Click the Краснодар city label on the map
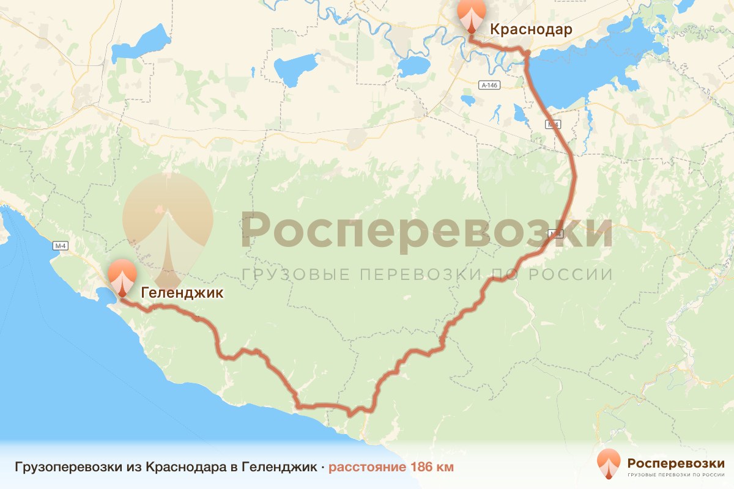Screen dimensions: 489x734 (530, 29)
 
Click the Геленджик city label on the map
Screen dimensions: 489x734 (182, 293)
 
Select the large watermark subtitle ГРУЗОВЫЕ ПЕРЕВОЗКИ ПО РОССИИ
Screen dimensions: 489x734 (426, 274)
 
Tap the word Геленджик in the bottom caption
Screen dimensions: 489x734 (279, 468)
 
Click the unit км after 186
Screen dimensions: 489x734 (445, 468)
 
